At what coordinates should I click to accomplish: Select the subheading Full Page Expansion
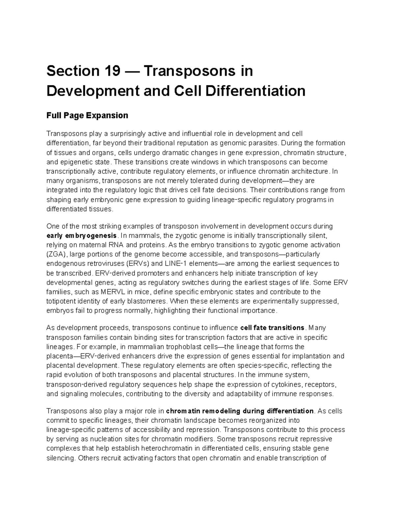(87, 115)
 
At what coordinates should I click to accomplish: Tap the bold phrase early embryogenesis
(82, 236)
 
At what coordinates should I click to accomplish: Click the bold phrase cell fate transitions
(273, 328)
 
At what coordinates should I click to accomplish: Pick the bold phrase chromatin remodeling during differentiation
(240, 411)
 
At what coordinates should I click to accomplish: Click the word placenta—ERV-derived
(84, 356)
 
